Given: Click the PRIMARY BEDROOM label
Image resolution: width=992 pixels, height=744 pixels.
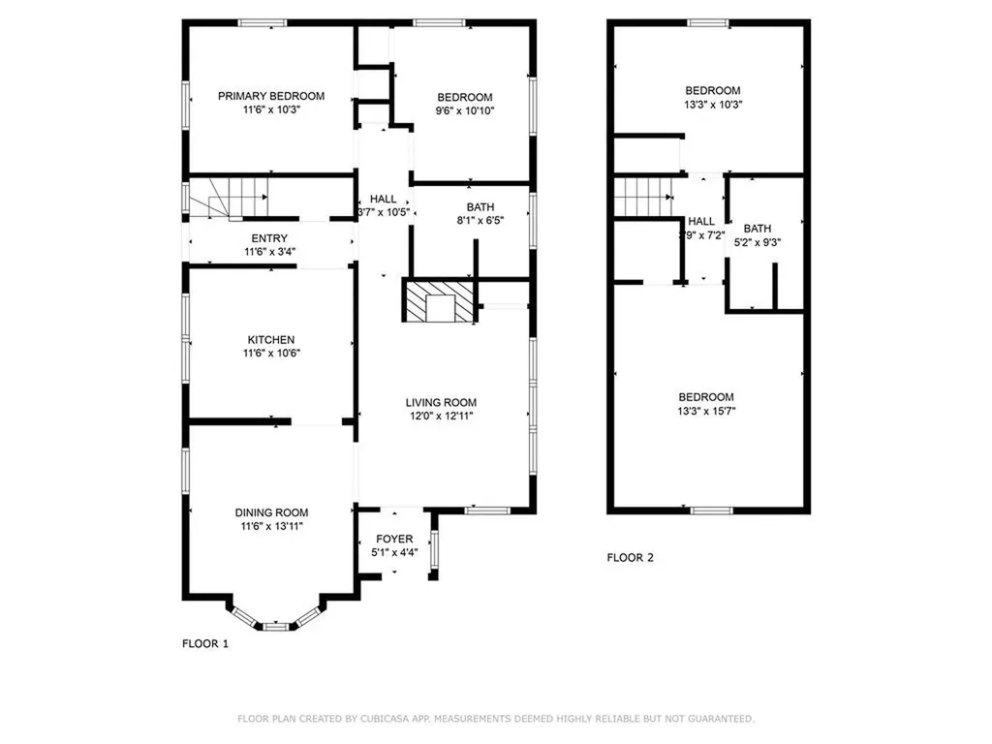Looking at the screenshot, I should [270, 96].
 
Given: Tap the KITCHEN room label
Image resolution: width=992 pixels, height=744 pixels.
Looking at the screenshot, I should [270, 340].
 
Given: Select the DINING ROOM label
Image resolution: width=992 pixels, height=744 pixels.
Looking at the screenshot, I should [271, 512].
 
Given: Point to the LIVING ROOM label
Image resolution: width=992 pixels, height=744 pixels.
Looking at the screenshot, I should [441, 402].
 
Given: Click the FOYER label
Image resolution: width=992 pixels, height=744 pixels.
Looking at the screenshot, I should [394, 539].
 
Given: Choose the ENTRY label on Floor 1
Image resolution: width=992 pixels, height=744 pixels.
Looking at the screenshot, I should [269, 238].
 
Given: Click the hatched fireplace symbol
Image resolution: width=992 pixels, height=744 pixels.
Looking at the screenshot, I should [440, 300].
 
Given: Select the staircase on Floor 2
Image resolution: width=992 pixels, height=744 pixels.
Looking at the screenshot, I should [642, 197].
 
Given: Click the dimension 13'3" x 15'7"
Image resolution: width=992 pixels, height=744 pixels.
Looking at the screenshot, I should [706, 411].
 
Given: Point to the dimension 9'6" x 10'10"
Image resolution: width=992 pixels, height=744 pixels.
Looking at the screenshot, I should [465, 110].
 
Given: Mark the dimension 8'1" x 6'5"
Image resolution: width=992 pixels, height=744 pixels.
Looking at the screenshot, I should [480, 220].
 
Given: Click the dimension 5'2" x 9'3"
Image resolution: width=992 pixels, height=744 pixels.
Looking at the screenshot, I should [758, 243].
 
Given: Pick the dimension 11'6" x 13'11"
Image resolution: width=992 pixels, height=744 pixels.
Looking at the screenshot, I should [271, 526].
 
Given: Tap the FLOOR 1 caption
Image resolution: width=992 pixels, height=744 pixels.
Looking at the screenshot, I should [205, 643].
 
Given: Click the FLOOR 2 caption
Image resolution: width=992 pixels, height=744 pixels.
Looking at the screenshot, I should [631, 558].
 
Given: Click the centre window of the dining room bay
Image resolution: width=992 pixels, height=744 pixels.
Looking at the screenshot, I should [276, 627].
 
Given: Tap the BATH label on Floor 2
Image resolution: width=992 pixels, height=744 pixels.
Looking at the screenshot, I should [758, 230].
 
